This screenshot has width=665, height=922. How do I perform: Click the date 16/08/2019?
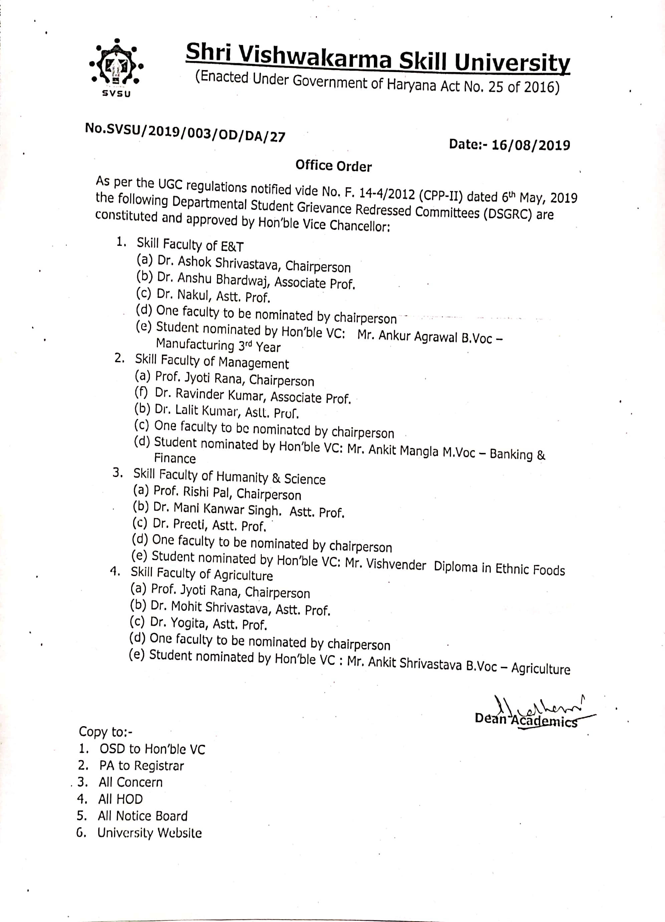pos(530,145)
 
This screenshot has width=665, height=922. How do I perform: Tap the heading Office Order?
pos(334,166)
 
